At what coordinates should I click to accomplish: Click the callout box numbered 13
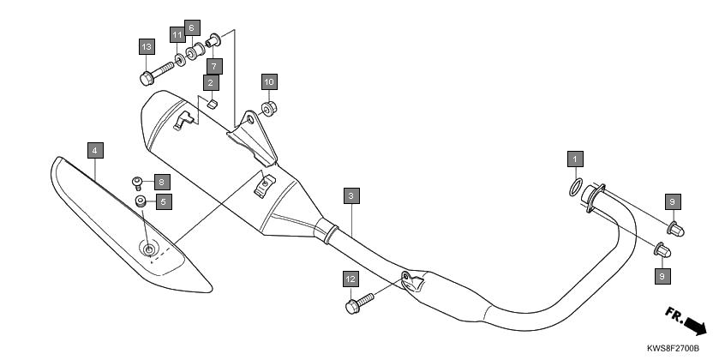pos(147,47)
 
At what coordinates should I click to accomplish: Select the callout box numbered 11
pos(177,35)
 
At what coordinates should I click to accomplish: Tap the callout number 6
pos(192,28)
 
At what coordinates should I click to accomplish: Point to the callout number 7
pos(214,67)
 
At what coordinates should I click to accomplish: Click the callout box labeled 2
pos(211,83)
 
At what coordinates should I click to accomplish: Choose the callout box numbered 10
pos(269,82)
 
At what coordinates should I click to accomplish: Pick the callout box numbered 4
pos(95,150)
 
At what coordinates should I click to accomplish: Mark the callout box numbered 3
pos(351,195)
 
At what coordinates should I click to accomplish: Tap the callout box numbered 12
pos(351,279)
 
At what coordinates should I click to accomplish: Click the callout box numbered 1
pos(575,159)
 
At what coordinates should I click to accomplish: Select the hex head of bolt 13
pos(147,79)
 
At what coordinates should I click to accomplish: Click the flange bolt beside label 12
pos(360,303)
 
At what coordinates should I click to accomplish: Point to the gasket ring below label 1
pos(576,187)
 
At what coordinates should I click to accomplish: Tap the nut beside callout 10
pos(269,109)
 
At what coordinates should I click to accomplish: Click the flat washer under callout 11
pos(180,60)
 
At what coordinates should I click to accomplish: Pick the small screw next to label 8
pos(136,183)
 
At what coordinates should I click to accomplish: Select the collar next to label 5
pos(141,201)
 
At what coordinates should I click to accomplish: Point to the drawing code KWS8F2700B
pos(673,349)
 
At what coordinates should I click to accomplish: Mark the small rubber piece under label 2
pos(212,104)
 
